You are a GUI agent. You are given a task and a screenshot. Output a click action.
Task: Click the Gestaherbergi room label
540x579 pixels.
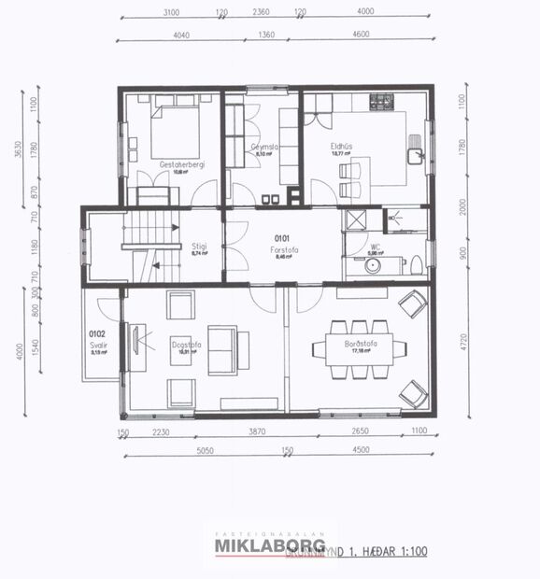[182, 164]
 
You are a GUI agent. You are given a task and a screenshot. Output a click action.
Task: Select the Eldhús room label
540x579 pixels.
[340, 146]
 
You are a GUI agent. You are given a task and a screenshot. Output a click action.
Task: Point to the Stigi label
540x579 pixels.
[198, 247]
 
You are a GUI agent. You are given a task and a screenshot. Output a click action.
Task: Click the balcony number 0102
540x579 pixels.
[95, 333]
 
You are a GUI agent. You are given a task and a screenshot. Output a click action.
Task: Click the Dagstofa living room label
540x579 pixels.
[181, 343]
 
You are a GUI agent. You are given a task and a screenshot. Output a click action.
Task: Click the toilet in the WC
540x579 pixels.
[416, 264]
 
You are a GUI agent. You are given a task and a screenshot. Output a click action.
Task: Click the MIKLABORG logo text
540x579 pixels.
[270, 545]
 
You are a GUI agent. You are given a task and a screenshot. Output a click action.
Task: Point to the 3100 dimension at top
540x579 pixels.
[170, 12]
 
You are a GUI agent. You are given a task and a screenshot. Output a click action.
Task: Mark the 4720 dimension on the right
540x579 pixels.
[466, 352]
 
